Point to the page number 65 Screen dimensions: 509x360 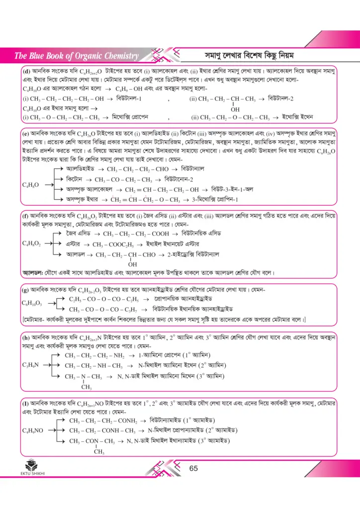click(x=194, y=468)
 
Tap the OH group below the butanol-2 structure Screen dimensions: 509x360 click(x=235, y=109)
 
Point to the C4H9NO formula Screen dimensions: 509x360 click(x=32, y=429)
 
